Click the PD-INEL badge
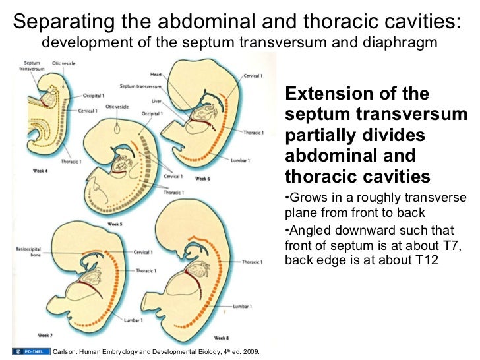[30, 351]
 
